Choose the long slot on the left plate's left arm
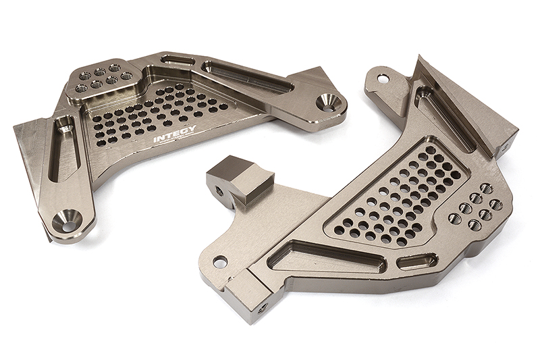(x=65, y=150)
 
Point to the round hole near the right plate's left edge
(x=219, y=261)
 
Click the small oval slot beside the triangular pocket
(x=414, y=261)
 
